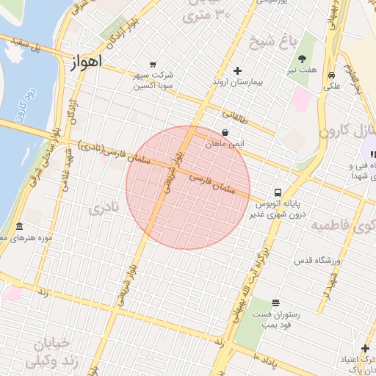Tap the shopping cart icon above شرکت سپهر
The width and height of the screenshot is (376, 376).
coord(152,64)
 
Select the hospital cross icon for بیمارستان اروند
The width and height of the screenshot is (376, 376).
coord(237,70)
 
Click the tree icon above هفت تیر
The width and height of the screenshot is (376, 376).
coord(302,58)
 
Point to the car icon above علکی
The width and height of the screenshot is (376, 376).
coord(332,75)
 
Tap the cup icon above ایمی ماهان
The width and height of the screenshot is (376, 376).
coord(224,133)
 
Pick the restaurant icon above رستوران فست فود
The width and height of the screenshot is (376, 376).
coord(275,303)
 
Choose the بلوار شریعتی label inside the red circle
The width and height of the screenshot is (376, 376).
coord(170,171)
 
